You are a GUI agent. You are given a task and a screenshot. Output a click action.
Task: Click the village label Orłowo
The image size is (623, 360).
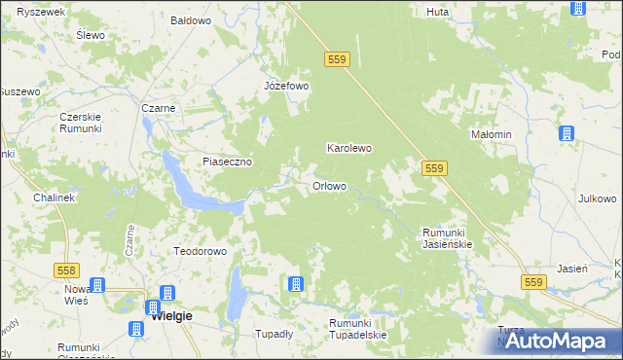point(329,186)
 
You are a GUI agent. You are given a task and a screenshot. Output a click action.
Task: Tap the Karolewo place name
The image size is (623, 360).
point(348,149)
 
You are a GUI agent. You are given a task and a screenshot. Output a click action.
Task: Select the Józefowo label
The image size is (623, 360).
point(286,86)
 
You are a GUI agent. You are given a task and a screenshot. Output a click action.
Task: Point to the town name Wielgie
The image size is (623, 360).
point(171,316)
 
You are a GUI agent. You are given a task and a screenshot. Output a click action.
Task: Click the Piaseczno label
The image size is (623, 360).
point(228,162)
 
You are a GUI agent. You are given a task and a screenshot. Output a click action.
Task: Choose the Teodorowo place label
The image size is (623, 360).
point(200,251)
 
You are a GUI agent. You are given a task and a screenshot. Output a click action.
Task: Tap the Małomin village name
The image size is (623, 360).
point(491,134)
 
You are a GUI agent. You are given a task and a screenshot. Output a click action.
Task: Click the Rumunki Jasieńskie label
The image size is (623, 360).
point(447,238)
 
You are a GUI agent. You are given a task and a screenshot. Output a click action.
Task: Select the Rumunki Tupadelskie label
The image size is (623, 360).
point(357,329)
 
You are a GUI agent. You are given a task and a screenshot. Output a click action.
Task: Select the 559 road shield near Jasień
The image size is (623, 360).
point(531,282)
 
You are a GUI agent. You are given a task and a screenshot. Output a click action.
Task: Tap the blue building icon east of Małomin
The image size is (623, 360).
point(566,134)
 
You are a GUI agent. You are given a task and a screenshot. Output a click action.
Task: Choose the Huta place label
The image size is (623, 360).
point(437,12)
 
